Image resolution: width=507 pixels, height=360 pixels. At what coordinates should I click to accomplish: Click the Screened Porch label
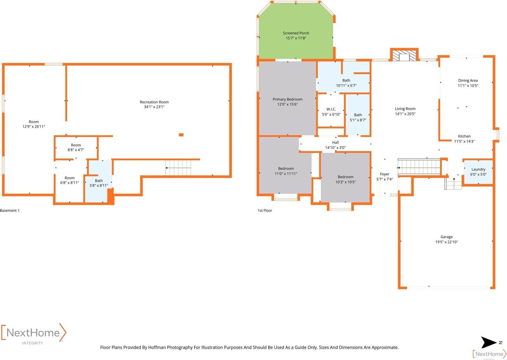(x=296, y=33)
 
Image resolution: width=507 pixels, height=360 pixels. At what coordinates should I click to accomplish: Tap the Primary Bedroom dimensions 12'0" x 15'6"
(x=287, y=104)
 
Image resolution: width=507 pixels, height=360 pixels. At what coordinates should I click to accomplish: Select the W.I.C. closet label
(x=331, y=109)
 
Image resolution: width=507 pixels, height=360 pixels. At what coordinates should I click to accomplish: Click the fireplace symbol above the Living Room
(x=404, y=56)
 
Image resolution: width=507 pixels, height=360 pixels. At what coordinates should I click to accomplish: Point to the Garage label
(x=446, y=237)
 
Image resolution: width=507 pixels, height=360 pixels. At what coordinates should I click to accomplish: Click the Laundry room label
(x=478, y=169)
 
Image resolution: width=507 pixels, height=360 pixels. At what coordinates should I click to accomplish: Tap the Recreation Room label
(x=154, y=102)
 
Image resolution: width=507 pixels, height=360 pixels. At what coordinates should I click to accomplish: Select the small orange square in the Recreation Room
(x=181, y=135)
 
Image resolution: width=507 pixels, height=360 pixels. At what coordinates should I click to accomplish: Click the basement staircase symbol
(x=178, y=167)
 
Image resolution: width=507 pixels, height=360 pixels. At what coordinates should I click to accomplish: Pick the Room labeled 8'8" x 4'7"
(x=76, y=147)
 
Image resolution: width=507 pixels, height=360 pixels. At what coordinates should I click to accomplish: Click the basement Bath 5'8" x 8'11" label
(x=99, y=183)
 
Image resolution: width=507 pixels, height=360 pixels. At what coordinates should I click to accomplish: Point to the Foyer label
(x=384, y=174)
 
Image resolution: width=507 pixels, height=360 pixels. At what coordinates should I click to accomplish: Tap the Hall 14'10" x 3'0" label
(x=335, y=145)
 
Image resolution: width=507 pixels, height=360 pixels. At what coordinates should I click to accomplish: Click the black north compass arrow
(x=489, y=342)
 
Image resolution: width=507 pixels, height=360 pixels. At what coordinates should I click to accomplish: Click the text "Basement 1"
(x=10, y=211)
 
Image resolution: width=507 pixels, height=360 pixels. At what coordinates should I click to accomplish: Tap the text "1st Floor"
(x=265, y=211)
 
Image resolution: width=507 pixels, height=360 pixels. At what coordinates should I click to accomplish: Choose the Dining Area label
(x=468, y=81)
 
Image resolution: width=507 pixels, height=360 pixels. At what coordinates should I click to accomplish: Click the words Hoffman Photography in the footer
(x=170, y=347)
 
